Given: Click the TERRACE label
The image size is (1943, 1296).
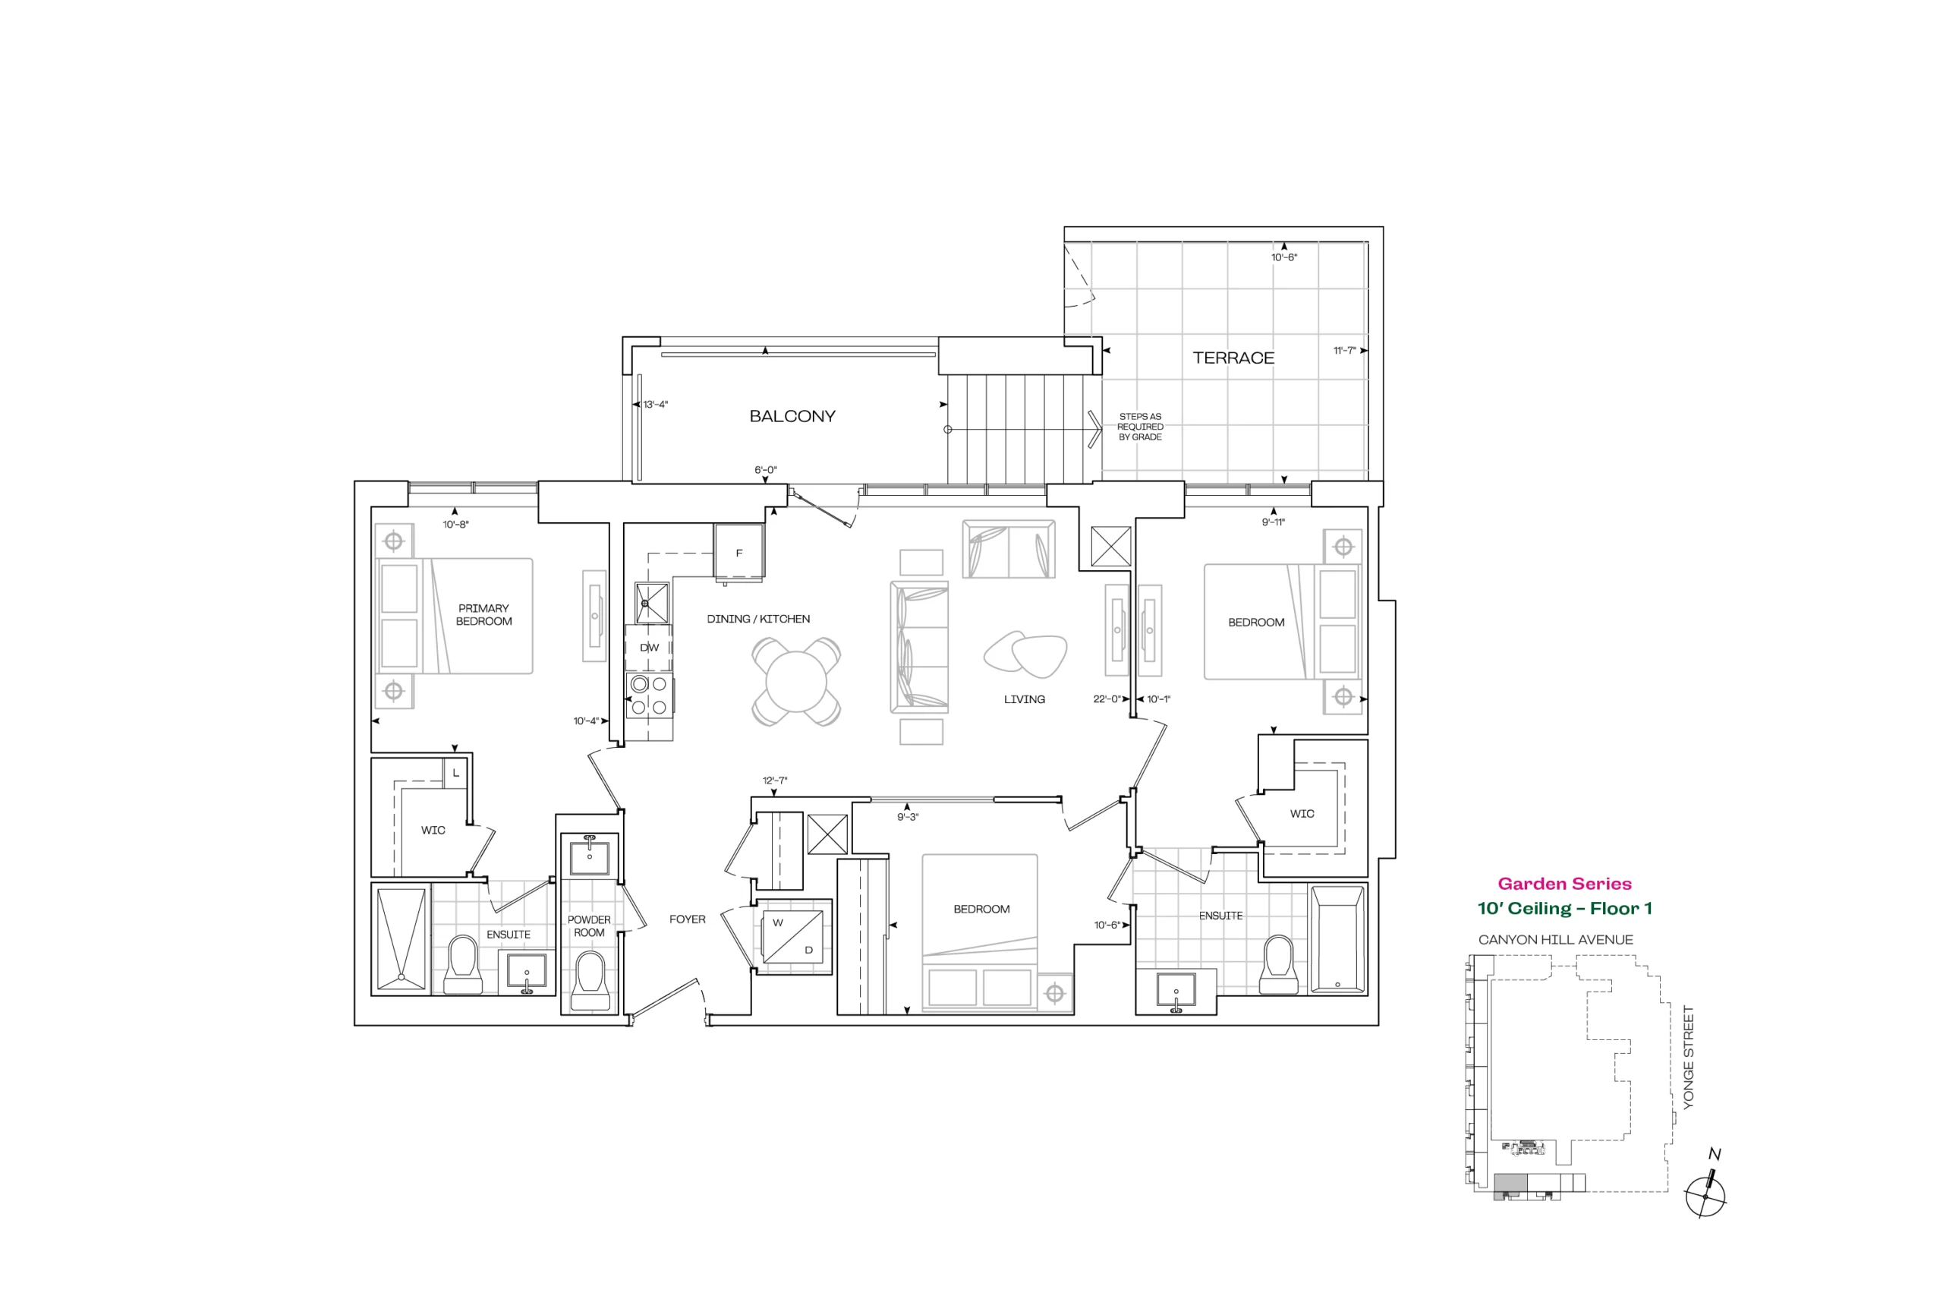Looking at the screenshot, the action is click(x=1233, y=358).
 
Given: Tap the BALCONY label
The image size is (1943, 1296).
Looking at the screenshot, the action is click(x=792, y=417).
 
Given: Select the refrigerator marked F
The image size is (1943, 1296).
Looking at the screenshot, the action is click(x=738, y=552).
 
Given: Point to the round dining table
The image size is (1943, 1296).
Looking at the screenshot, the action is click(x=796, y=682).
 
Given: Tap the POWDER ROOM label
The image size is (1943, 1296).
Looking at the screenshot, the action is click(x=589, y=925).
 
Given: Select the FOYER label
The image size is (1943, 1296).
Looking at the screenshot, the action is click(x=688, y=919).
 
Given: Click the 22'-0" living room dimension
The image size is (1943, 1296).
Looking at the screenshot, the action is click(x=1106, y=699).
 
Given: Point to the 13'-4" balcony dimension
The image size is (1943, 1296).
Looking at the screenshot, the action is click(x=655, y=404).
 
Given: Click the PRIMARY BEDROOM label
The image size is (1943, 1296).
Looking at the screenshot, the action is click(x=484, y=615).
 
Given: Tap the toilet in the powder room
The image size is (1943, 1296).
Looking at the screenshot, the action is click(x=590, y=981).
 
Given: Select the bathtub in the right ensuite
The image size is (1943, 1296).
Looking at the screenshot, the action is click(x=1337, y=940).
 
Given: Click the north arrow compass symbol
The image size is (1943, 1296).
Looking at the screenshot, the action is click(x=1706, y=1187).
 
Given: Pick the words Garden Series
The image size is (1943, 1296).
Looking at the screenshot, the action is click(x=1564, y=884).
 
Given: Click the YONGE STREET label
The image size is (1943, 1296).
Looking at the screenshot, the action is click(x=1689, y=1057).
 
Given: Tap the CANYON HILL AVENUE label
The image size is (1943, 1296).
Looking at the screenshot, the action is click(x=1556, y=940).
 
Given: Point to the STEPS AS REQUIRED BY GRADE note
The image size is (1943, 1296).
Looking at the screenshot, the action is click(x=1140, y=427).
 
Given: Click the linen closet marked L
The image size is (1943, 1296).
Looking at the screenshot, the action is click(x=456, y=772).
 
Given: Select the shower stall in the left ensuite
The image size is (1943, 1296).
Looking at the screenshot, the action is click(x=402, y=939).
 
